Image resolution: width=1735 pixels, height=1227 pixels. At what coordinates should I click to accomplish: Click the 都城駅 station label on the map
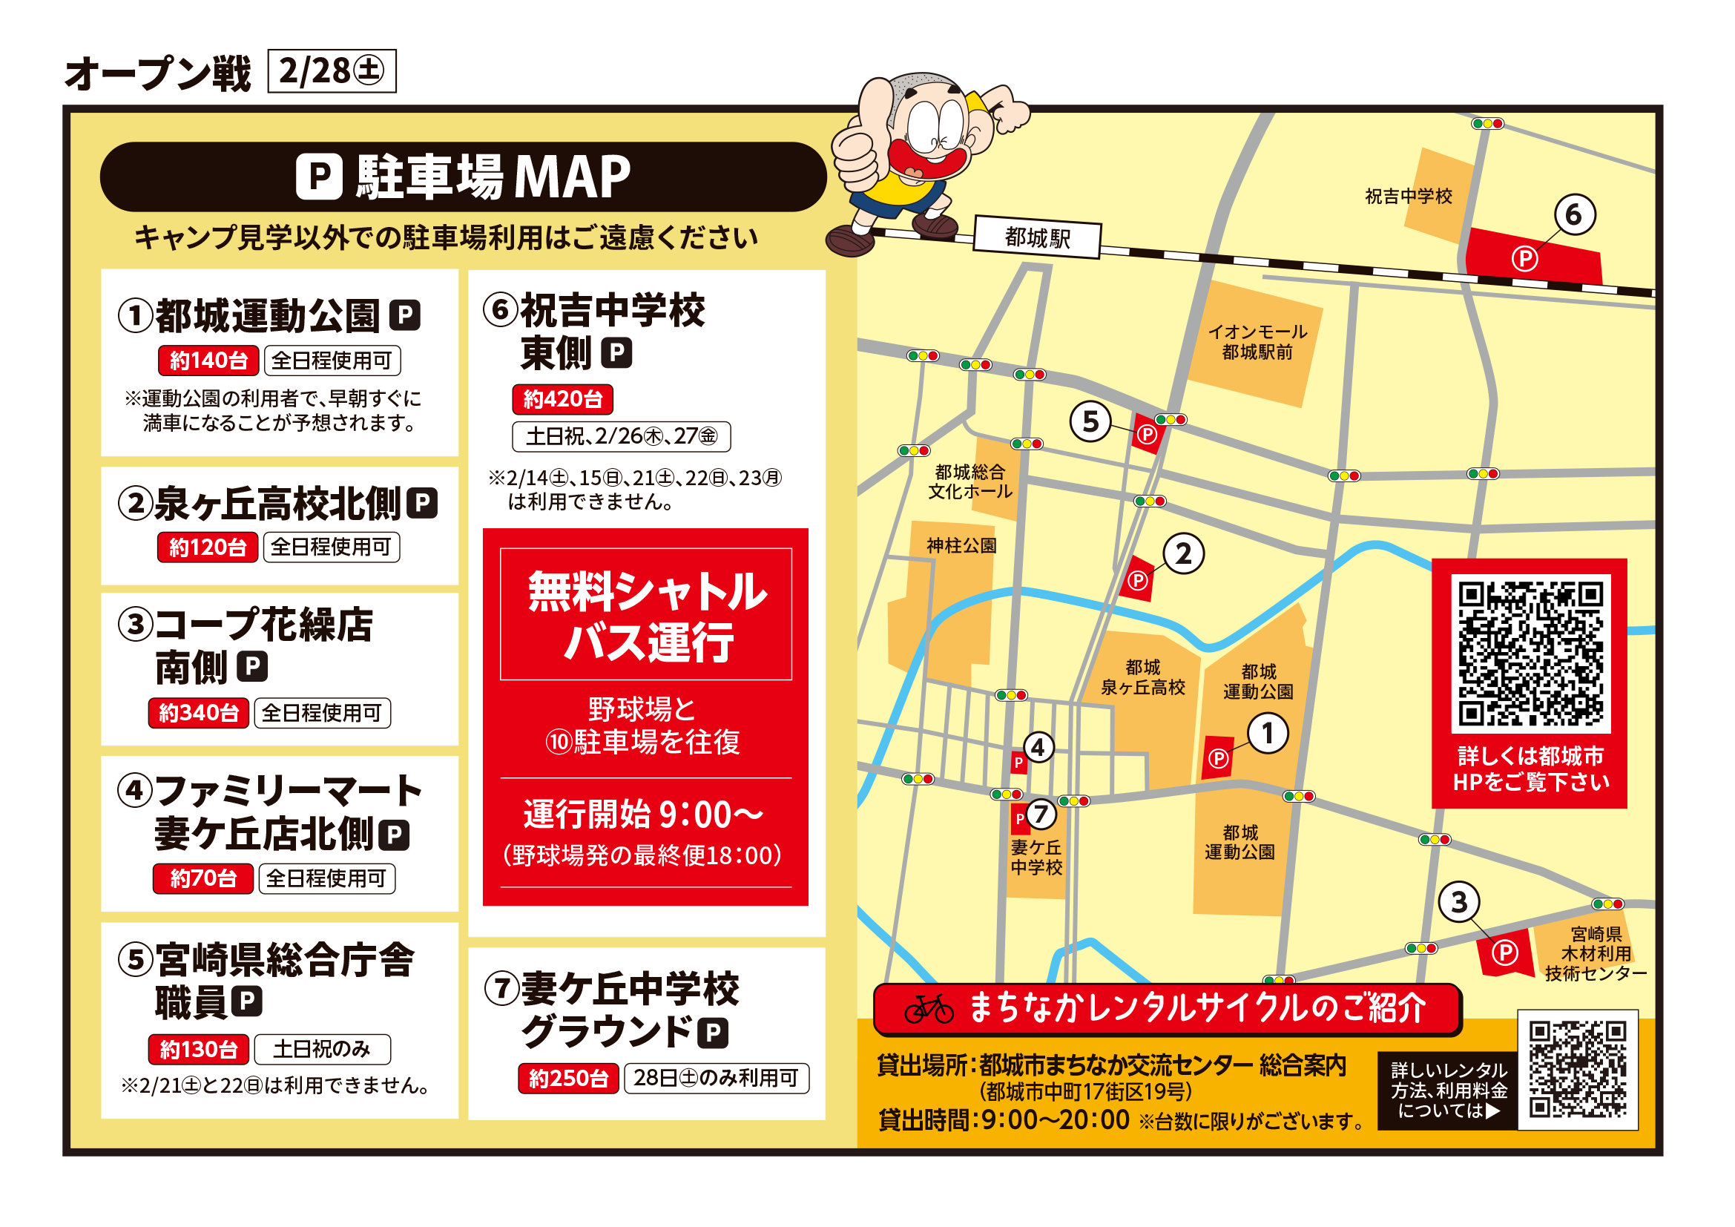1037,238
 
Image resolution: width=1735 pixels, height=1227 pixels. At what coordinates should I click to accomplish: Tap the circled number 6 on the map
1574,214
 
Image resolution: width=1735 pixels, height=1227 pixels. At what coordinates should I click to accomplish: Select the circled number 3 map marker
1458,901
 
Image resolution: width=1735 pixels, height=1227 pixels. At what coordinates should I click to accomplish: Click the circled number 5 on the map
1090,421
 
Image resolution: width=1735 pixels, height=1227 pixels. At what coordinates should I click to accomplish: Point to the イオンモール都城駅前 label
1257,341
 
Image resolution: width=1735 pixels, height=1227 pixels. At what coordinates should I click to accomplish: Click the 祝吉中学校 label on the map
1409,197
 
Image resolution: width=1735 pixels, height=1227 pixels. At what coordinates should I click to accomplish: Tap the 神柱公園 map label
961,545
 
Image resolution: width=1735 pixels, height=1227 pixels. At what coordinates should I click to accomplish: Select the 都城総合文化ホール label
969,482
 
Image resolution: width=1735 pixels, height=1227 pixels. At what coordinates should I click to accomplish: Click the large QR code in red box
1530,653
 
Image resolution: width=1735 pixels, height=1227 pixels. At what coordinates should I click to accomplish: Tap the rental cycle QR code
1577,1069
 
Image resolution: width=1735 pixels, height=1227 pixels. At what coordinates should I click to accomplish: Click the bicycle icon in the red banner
929,1009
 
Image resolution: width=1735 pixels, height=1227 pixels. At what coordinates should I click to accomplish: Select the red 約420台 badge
562,399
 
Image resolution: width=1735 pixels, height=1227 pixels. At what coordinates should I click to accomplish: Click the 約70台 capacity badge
203,878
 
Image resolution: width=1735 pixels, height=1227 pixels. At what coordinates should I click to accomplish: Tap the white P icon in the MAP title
318,177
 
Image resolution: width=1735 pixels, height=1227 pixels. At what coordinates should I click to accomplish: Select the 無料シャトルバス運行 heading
645,614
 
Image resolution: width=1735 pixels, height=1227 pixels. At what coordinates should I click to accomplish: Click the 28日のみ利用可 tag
716,1078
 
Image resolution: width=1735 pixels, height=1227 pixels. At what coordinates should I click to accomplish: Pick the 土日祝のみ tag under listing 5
322,1049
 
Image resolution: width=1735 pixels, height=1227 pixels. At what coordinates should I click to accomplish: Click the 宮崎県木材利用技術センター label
1595,953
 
